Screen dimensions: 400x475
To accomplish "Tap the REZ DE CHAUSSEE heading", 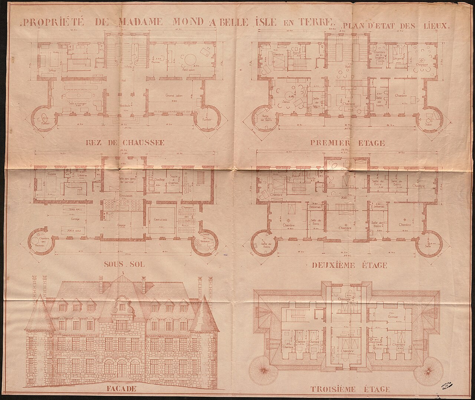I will coord(125,143).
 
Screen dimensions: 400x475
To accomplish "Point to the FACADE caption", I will coord(120,389).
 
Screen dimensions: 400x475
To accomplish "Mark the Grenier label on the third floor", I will coord(393,317).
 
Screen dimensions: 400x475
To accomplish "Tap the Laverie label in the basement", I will coord(82,177).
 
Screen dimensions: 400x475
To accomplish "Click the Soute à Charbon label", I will coord(174,179).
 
